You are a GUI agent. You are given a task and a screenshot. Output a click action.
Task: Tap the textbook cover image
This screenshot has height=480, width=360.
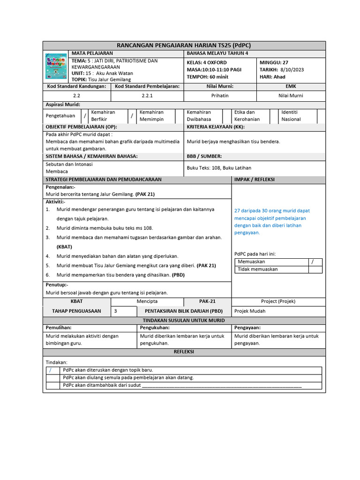coord(56,66)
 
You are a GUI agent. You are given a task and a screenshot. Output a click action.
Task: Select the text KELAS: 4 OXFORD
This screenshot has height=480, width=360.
coord(207,62)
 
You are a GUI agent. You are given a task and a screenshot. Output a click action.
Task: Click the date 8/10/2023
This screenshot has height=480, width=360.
coord(292,70)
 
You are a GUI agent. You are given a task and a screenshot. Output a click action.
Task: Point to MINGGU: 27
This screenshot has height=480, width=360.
coord(274,62)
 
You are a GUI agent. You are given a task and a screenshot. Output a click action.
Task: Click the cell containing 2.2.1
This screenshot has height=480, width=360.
coord(147,96)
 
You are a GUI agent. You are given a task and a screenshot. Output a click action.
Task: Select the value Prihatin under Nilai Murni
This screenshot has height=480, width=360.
coord(220,96)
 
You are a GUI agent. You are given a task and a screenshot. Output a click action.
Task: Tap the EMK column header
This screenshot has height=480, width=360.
coord(291,86)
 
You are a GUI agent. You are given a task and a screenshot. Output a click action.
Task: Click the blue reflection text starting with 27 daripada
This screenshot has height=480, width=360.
coord(272,222)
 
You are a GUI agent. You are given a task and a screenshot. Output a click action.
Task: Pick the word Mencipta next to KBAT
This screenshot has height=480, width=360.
coord(147,301)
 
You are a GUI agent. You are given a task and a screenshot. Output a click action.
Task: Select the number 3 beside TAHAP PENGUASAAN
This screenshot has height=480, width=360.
coord(116,311)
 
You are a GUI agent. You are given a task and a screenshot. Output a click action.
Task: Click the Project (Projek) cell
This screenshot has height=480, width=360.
coord(278,301)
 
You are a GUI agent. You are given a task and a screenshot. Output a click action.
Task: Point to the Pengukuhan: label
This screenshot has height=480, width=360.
coord(153,328)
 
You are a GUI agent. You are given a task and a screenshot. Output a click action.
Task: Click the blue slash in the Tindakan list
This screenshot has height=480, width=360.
coord(51,370)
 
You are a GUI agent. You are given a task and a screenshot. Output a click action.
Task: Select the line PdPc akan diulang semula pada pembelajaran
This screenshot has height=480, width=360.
coord(128,377)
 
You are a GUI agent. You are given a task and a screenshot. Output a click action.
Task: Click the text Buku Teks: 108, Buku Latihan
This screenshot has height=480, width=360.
coord(219,167)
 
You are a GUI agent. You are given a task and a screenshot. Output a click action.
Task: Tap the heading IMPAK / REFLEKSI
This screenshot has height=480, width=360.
coord(254,179)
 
